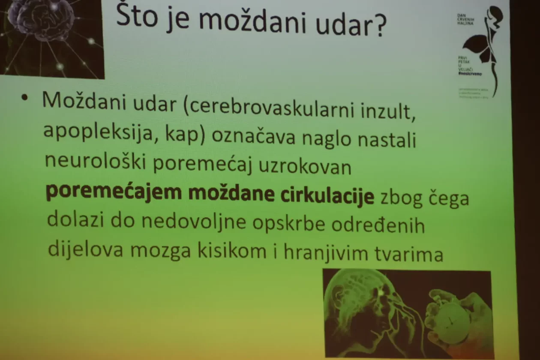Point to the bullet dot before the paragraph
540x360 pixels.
(x=24, y=97)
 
